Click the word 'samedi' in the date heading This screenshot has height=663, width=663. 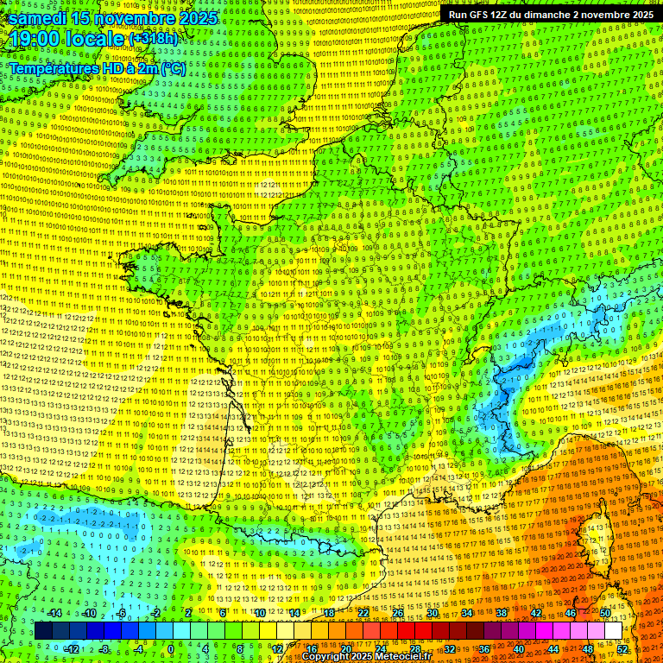click(x=38, y=17)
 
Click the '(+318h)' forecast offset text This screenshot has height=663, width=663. click(x=154, y=39)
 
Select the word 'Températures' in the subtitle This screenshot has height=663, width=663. click(x=54, y=68)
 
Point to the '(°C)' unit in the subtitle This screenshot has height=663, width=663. click(x=173, y=68)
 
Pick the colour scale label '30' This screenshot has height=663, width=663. click(x=432, y=612)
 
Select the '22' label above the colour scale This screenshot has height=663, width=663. click(x=363, y=612)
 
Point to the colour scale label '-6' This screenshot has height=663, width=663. click(x=122, y=612)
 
